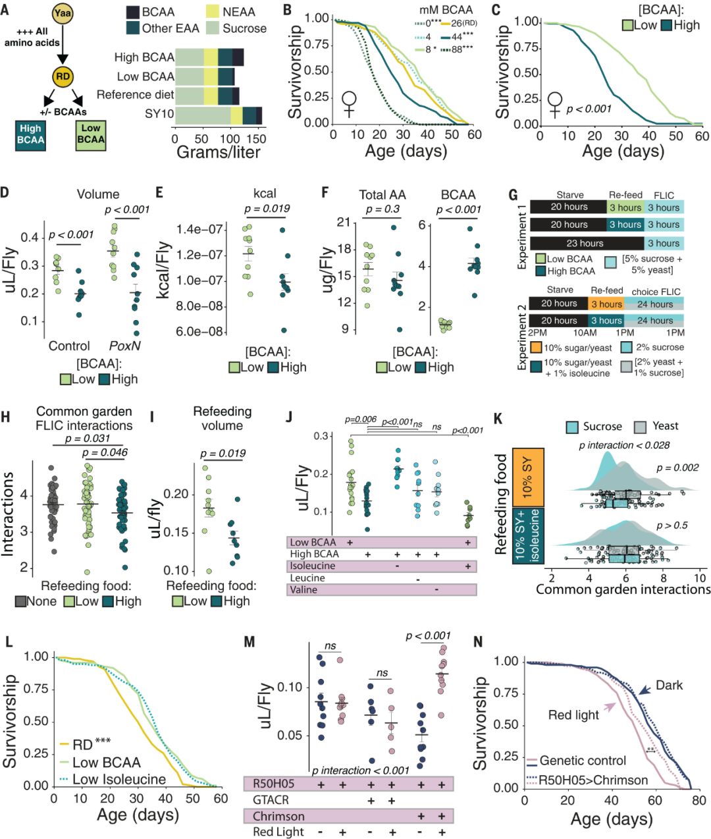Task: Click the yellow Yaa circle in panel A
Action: pyautogui.click(x=63, y=14)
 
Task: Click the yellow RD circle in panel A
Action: pyautogui.click(x=63, y=77)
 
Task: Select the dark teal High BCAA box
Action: pyautogui.click(x=31, y=134)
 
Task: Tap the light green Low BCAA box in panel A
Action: pyautogui.click(x=91, y=134)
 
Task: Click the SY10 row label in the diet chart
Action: pyautogui.click(x=159, y=114)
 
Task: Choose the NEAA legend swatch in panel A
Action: pyautogui.click(x=213, y=12)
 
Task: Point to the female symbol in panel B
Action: pyautogui.click(x=349, y=104)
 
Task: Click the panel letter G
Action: pyautogui.click(x=513, y=196)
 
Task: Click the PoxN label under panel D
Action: pyautogui.click(x=124, y=346)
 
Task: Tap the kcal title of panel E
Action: pyautogui.click(x=265, y=194)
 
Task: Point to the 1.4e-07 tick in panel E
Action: pyautogui.click(x=199, y=229)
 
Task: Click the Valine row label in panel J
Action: pyautogui.click(x=303, y=589)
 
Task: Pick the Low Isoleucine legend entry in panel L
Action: pyautogui.click(x=118, y=779)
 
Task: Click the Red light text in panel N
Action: pyautogui.click(x=573, y=715)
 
